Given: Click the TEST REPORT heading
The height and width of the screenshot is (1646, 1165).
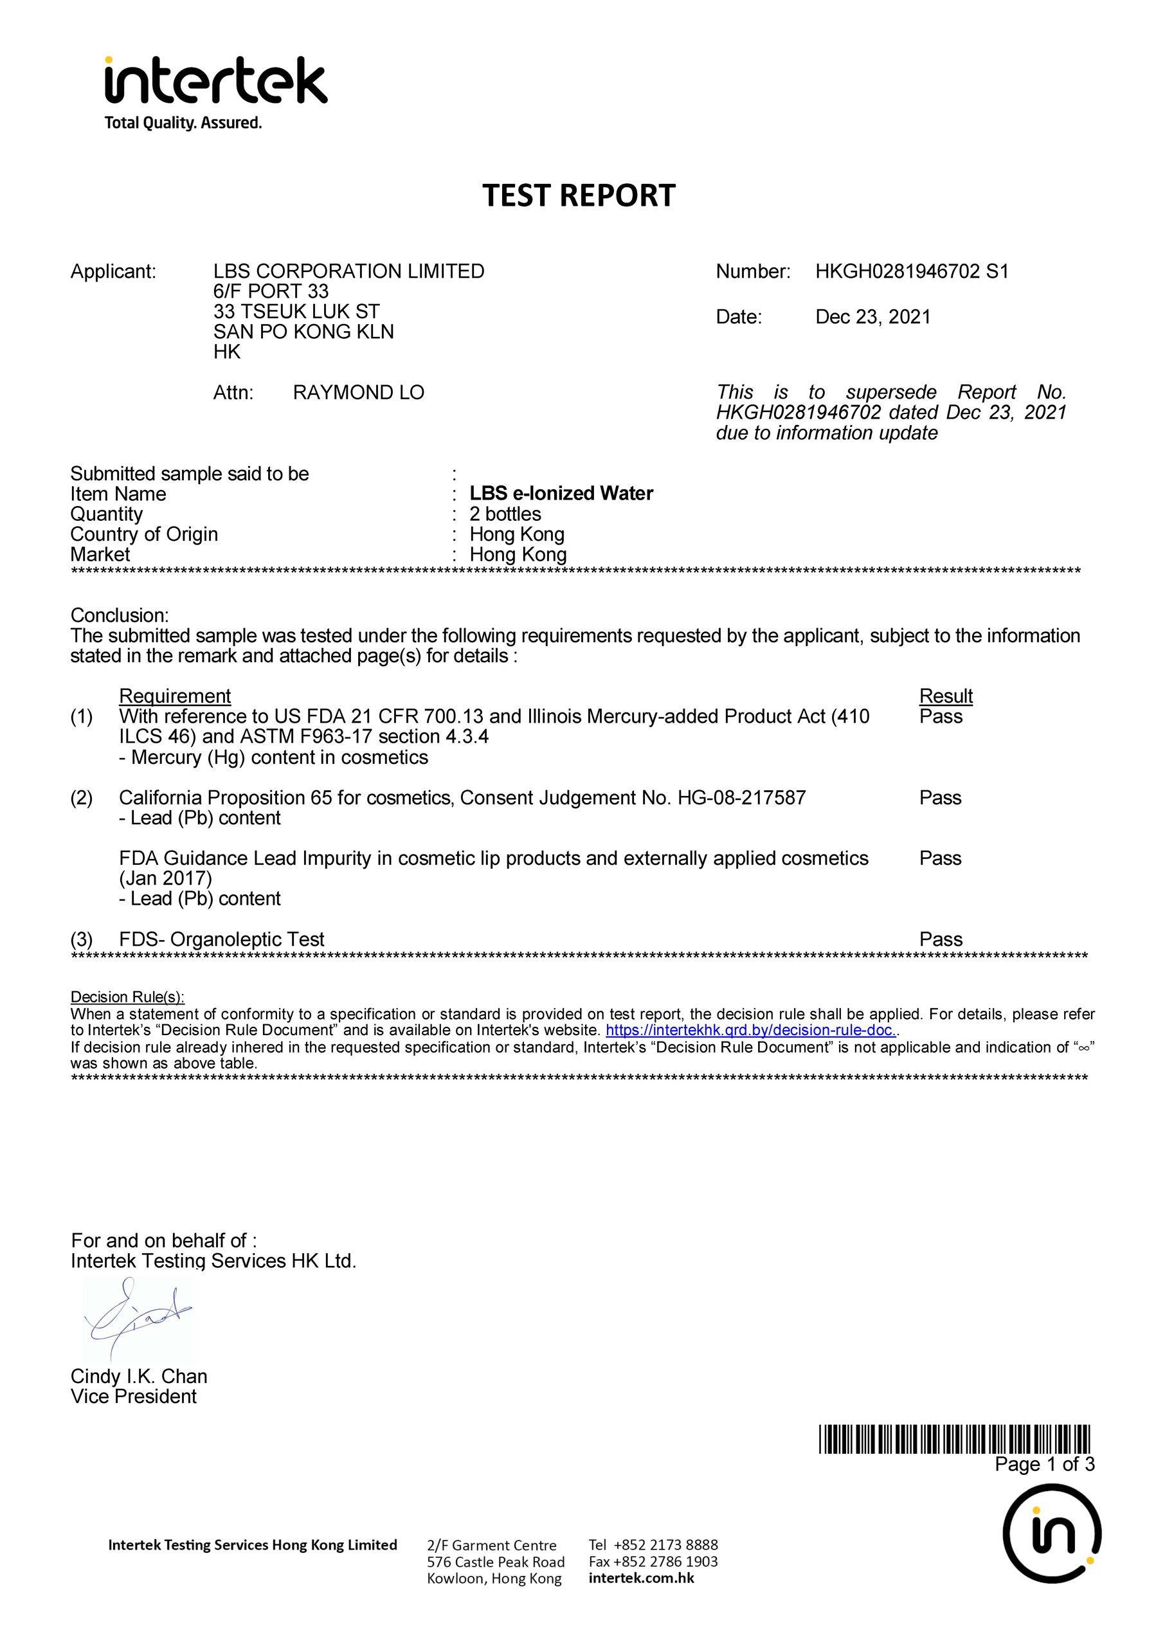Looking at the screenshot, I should coord(579,196).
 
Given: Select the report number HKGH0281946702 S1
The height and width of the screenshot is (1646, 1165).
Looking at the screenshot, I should coord(912,271).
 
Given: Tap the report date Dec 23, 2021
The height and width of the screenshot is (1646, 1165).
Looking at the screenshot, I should coord(872,317).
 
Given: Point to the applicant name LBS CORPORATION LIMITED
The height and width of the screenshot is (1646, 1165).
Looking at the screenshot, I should coord(348,271).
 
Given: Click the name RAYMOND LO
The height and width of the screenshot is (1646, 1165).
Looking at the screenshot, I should coord(358,392).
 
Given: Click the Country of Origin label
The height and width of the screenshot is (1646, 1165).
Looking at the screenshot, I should coord(143,534).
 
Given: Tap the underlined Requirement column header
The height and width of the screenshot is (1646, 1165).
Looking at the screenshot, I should coord(174,696).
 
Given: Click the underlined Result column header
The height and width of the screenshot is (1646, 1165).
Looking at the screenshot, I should coord(946,696).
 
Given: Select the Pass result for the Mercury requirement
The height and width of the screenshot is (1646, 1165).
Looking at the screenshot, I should coord(941,716).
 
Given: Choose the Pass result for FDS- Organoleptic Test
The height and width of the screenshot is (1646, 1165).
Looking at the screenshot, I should coord(941,939).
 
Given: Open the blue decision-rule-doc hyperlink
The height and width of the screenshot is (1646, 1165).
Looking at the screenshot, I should coord(750,1031).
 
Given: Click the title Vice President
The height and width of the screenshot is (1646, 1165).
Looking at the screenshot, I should coord(134,1397).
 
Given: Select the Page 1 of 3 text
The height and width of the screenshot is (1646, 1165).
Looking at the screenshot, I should coord(1045,1464).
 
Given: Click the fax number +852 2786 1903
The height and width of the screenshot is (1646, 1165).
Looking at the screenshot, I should coord(653,1561).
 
